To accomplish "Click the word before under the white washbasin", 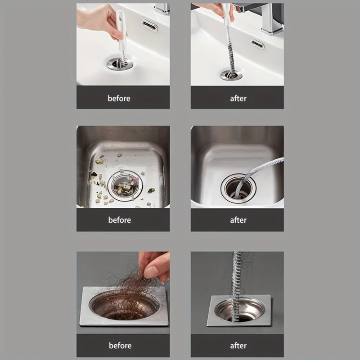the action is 119,99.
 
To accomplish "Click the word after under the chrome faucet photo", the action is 238,99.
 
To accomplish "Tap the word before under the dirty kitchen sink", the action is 120,220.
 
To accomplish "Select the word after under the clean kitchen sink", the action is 238,220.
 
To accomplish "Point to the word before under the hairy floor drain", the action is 120,346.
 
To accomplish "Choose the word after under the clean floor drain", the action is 238,346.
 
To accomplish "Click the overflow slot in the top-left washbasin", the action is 150,25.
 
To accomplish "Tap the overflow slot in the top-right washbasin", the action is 258,45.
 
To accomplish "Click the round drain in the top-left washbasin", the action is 120,63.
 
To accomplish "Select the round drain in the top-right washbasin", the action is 231,75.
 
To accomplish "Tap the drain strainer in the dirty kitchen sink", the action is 126,185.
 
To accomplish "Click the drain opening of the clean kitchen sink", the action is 238,188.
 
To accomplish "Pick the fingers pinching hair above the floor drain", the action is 154,266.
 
